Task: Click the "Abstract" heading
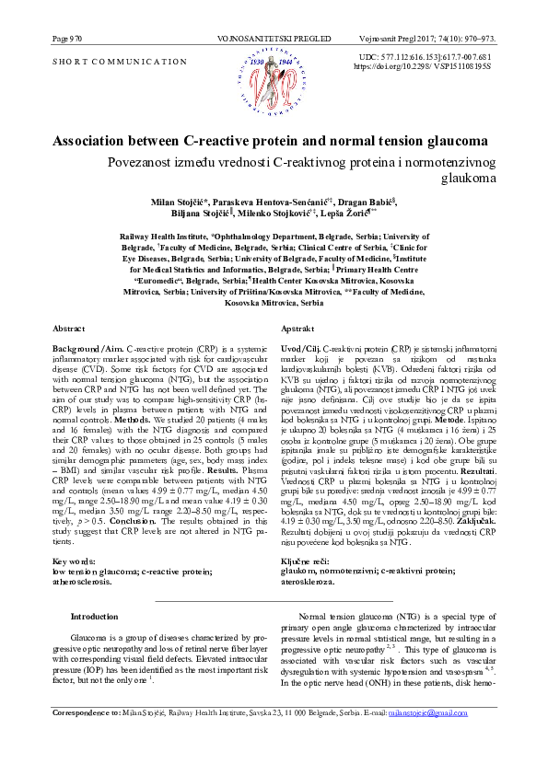click(x=68, y=329)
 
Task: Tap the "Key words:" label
click(x=72, y=535)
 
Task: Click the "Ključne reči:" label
click(x=305, y=535)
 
